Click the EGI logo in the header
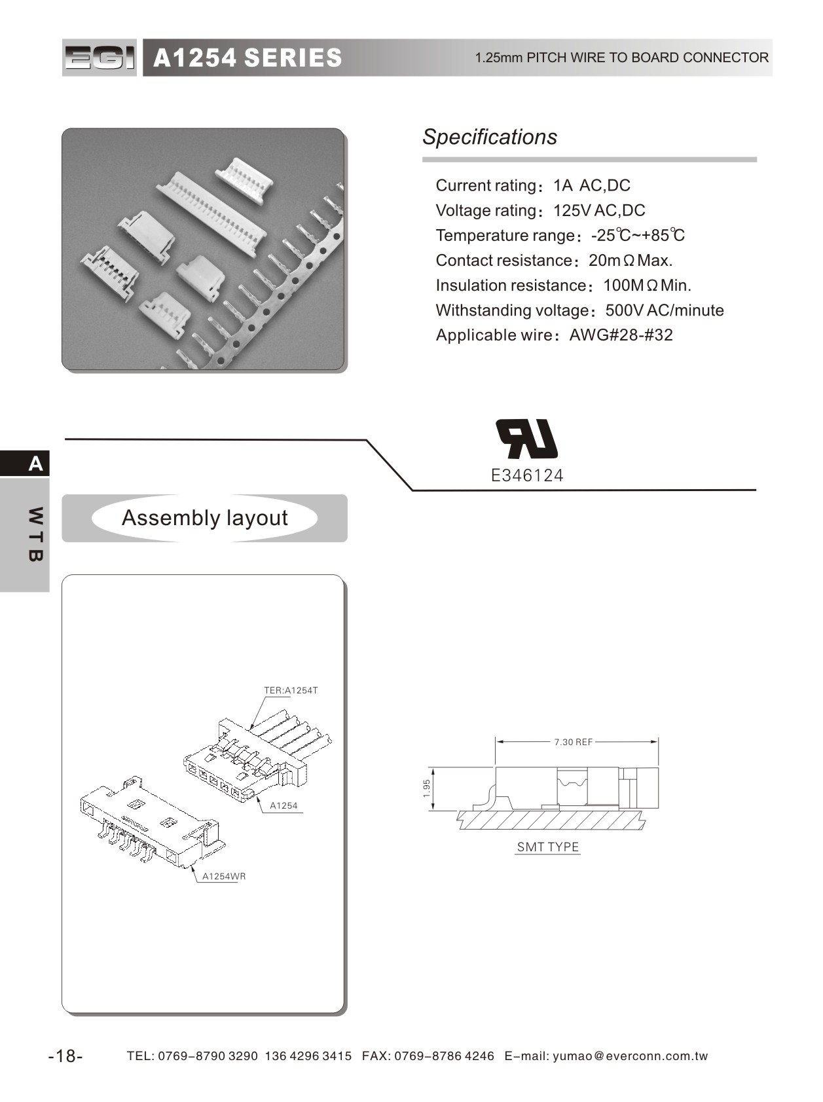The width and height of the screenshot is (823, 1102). click(x=100, y=58)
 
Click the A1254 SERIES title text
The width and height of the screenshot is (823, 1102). click(x=247, y=58)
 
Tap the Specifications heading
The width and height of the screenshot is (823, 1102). click(x=490, y=137)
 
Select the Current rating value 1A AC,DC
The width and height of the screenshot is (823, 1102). click(x=591, y=185)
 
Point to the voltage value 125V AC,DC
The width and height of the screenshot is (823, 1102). click(x=599, y=210)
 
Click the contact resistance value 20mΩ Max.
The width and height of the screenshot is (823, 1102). click(x=631, y=260)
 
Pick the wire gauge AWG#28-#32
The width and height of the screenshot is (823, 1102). click(x=621, y=335)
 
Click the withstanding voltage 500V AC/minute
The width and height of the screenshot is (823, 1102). click(x=665, y=310)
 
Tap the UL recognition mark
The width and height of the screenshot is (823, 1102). click(x=527, y=438)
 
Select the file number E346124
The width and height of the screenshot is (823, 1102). click(x=527, y=475)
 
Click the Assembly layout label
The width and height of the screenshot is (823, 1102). click(x=204, y=518)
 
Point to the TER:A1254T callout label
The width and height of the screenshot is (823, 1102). click(x=291, y=690)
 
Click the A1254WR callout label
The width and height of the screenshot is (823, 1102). click(x=224, y=876)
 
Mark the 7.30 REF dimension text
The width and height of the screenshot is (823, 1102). click(x=574, y=742)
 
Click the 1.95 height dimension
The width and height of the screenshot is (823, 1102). click(x=427, y=788)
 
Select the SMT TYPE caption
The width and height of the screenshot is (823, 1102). click(x=548, y=847)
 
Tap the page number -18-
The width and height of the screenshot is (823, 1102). click(x=65, y=1056)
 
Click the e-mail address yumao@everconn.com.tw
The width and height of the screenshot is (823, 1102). click(x=631, y=1056)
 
